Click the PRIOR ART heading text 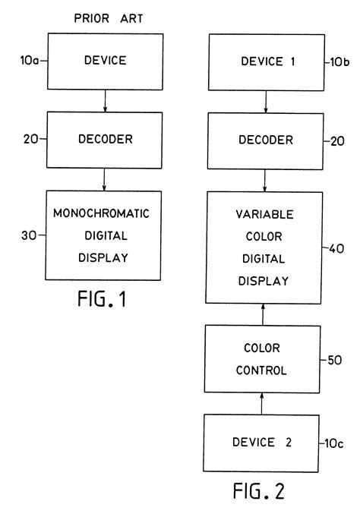(x=103, y=14)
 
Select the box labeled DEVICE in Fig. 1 (x=103, y=58)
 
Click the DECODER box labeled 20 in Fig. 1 (x=103, y=140)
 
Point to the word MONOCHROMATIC (x=103, y=213)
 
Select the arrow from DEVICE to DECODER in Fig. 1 (x=103, y=96)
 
